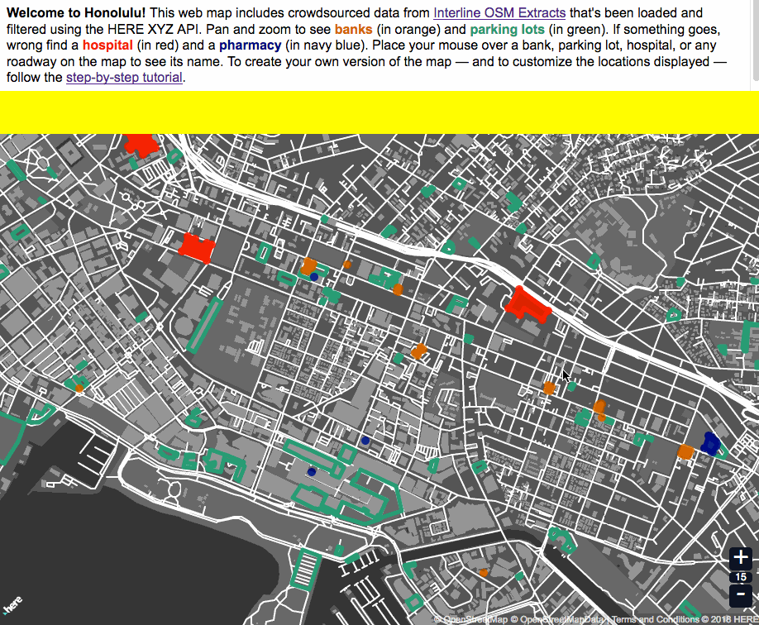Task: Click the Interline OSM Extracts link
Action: [x=499, y=13]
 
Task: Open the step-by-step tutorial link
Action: [x=125, y=78]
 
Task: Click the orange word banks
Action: [x=353, y=30]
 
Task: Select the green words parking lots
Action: [x=507, y=30]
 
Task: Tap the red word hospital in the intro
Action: [x=107, y=45]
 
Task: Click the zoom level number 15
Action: [x=741, y=577]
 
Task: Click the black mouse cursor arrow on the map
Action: [x=566, y=376]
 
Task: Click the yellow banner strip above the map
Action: [x=379, y=112]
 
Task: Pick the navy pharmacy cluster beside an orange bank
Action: [x=709, y=443]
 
